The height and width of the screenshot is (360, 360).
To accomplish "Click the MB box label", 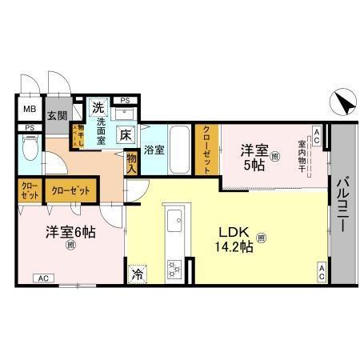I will click(x=28, y=110).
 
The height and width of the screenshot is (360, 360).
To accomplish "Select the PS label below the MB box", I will click(x=29, y=128).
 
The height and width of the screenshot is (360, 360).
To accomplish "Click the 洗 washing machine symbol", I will click(x=98, y=107).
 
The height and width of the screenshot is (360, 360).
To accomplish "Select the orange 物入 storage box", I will click(x=131, y=164).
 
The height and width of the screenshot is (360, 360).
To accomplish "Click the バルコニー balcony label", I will click(x=343, y=204).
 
